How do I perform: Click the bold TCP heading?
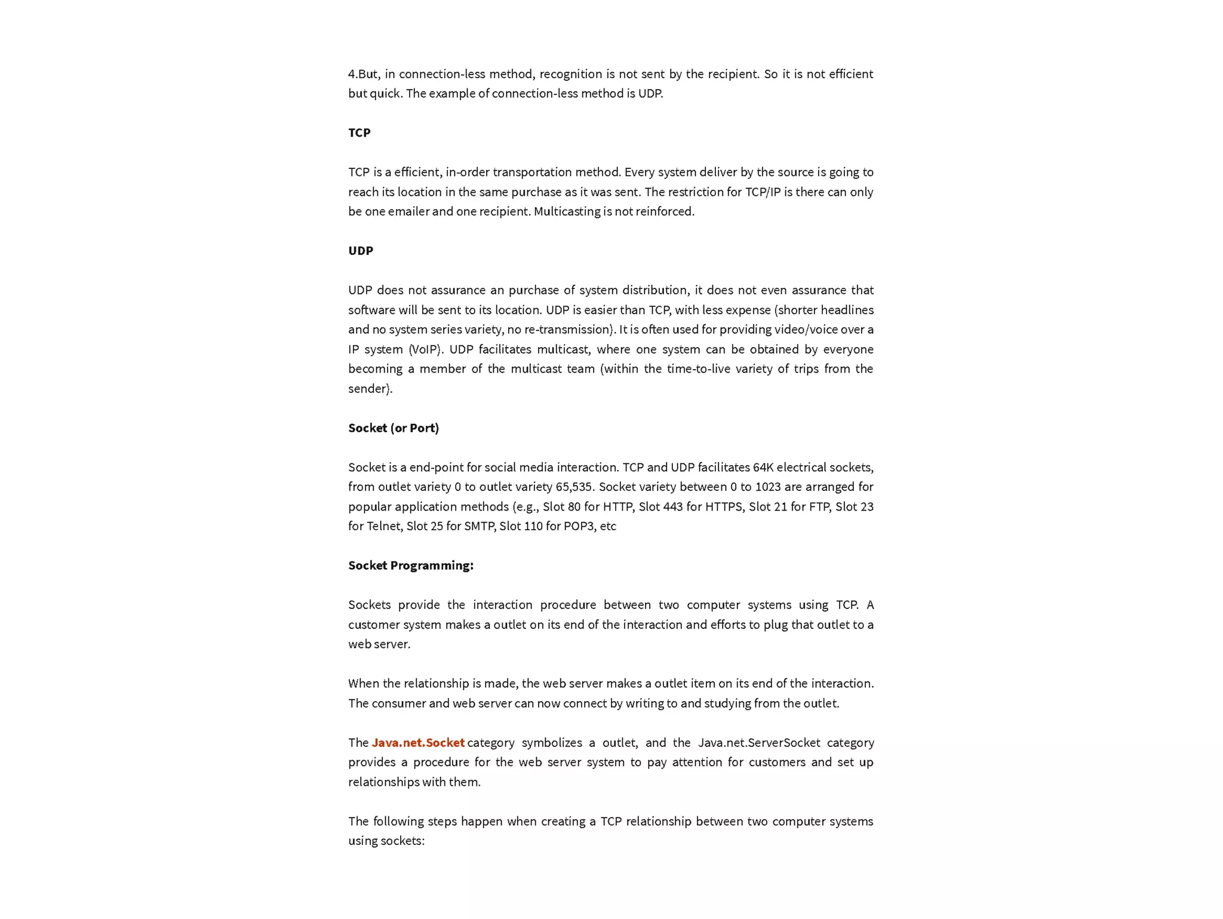pyautogui.click(x=359, y=133)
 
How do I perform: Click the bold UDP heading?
pyautogui.click(x=361, y=251)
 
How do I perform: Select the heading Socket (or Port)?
pyautogui.click(x=394, y=428)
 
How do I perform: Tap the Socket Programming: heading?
pyautogui.click(x=411, y=565)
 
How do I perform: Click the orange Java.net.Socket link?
pyautogui.click(x=418, y=743)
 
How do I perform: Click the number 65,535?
pyautogui.click(x=574, y=487)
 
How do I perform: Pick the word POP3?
pyautogui.click(x=579, y=526)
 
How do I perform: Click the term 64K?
pyautogui.click(x=763, y=468)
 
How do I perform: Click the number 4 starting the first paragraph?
pyautogui.click(x=352, y=74)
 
